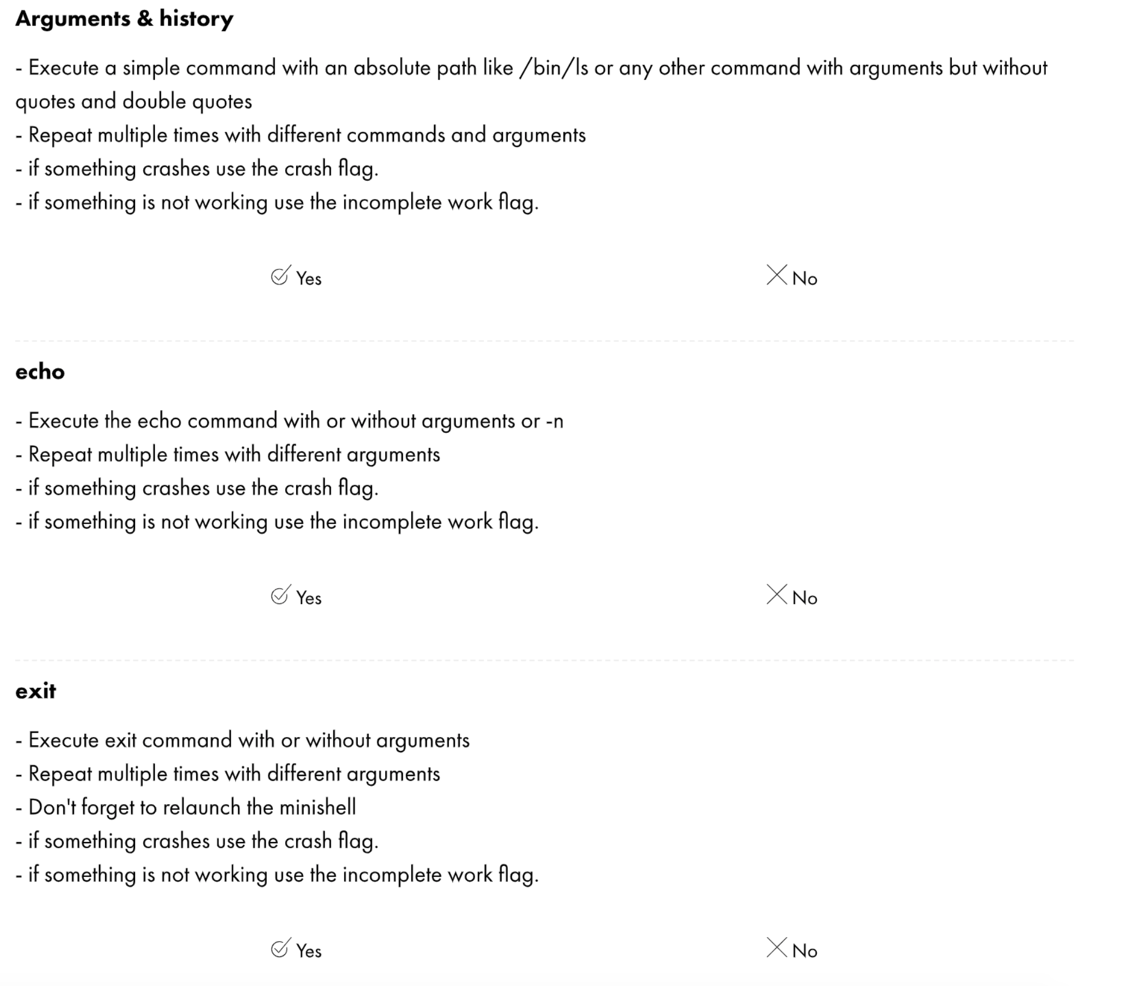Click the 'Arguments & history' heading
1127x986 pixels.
[124, 19]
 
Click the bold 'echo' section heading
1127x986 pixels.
[40, 372]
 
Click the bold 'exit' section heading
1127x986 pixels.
[36, 691]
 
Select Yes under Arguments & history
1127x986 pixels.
[296, 277]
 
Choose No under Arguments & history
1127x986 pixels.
[792, 277]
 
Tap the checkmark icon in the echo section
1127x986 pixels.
[280, 595]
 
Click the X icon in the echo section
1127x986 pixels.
[776, 595]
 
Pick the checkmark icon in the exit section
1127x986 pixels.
[280, 948]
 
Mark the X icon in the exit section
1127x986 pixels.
[776, 948]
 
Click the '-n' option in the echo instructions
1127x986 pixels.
[554, 422]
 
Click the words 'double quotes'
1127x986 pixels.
[187, 102]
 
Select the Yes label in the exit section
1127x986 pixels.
[308, 951]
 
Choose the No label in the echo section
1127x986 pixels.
[805, 598]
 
